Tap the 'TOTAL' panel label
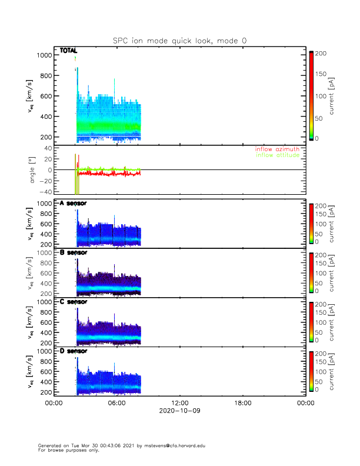[69, 51]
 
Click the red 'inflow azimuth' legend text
[277, 149]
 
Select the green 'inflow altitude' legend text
[277, 155]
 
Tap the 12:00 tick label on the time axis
[179, 403]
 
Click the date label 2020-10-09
[179, 411]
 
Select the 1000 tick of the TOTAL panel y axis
[43, 55]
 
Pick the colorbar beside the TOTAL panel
[311, 95]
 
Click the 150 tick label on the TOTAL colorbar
[322, 74]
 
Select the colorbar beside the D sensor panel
[311, 371]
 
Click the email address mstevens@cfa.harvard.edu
[171, 445]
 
